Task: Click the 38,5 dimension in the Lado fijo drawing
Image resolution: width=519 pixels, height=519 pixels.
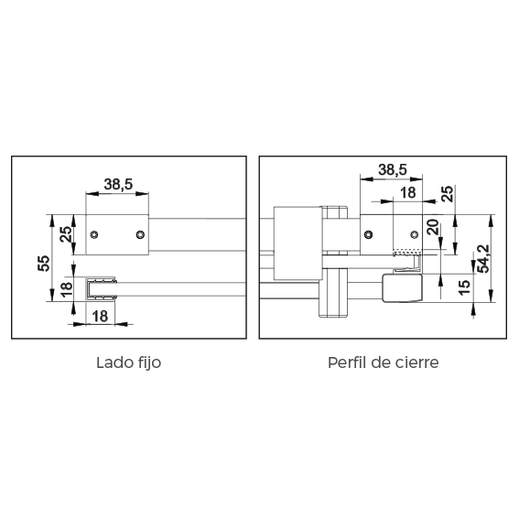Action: coord(118,184)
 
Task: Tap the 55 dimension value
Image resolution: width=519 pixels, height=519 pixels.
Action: coord(44,264)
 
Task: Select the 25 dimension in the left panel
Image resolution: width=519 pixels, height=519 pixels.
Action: coord(66,234)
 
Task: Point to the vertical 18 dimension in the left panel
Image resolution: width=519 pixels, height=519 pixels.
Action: coord(67,289)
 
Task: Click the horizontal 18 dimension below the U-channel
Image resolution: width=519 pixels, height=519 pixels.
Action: coord(100,316)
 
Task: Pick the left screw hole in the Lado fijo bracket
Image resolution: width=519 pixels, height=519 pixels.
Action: coord(94,234)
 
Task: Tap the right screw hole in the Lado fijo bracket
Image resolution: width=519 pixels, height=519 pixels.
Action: coord(140,234)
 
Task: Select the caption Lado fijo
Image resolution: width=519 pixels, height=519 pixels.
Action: coord(129,362)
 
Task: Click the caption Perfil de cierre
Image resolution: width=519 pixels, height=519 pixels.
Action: coord(384,362)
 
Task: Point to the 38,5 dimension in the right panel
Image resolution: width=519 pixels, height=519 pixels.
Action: coord(393,170)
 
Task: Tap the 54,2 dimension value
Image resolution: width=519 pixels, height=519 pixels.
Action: coord(483,258)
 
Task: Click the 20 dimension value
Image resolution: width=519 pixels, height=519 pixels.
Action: coord(433,227)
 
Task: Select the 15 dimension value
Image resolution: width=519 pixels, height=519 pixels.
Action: coord(464,287)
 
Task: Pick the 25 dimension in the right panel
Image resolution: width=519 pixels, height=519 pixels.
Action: coord(447,194)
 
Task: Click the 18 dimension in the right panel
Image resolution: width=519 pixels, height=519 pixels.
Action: coord(408,192)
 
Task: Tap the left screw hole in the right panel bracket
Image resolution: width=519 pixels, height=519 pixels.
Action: coord(368,234)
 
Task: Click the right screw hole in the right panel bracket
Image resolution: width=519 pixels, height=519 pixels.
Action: coord(414,234)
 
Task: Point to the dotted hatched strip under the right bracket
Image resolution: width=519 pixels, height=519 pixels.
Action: coord(407,253)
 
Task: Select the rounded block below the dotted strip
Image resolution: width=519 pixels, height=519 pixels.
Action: coord(402,287)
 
